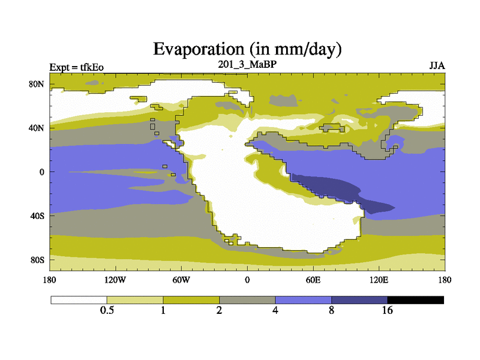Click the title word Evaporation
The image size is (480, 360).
[x=199, y=49]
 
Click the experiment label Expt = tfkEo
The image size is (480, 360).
[x=77, y=67]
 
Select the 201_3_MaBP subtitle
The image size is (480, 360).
[x=247, y=64]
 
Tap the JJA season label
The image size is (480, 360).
[x=437, y=66]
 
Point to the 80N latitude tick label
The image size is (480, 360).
[x=37, y=84]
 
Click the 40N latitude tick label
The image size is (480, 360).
[x=37, y=128]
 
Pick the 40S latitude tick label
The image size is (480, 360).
[x=37, y=216]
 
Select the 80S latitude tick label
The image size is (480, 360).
[x=37, y=260]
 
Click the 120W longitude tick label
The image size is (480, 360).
[x=115, y=280]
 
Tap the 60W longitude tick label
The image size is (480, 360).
[x=181, y=280]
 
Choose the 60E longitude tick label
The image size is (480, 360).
[x=313, y=280]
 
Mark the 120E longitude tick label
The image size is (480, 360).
[x=379, y=280]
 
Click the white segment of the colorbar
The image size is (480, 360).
[x=79, y=300]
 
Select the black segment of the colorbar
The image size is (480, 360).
[x=415, y=300]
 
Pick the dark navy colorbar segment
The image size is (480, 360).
[x=359, y=300]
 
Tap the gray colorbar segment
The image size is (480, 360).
[x=247, y=300]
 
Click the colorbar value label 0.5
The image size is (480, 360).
[x=107, y=310]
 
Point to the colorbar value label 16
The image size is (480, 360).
[x=387, y=310]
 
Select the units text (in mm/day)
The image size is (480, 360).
[x=295, y=49]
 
